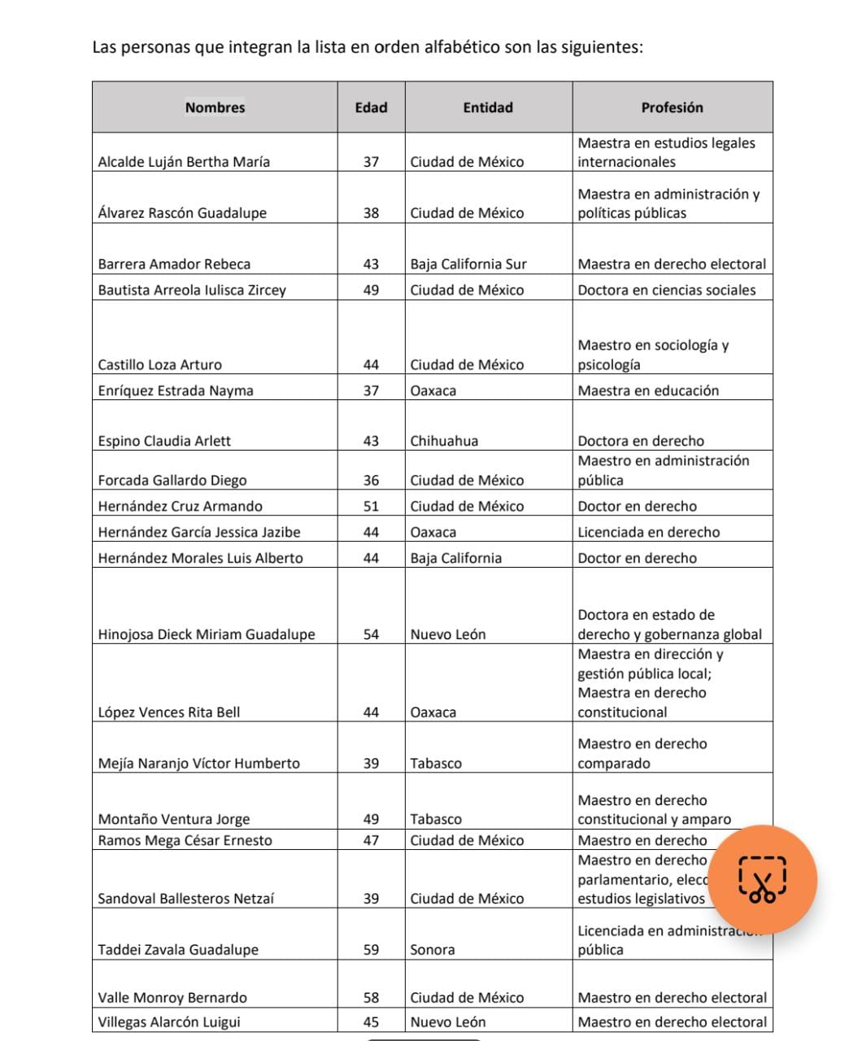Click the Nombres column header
click(215, 107)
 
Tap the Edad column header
click(371, 107)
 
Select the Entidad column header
click(488, 107)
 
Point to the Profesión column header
click(672, 107)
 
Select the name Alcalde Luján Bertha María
click(184, 162)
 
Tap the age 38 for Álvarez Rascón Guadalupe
click(371, 213)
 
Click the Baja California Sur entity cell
click(468, 264)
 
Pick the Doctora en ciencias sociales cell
click(666, 290)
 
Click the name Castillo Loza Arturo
click(159, 365)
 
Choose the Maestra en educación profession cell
click(648, 391)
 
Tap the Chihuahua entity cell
click(444, 442)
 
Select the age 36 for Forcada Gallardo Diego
click(371, 481)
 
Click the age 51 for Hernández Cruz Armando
click(371, 507)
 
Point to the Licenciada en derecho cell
click(648, 533)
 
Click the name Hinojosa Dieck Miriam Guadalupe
click(207, 635)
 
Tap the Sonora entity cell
click(433, 950)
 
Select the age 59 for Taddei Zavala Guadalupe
click(371, 950)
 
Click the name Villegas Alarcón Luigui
click(169, 1022)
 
